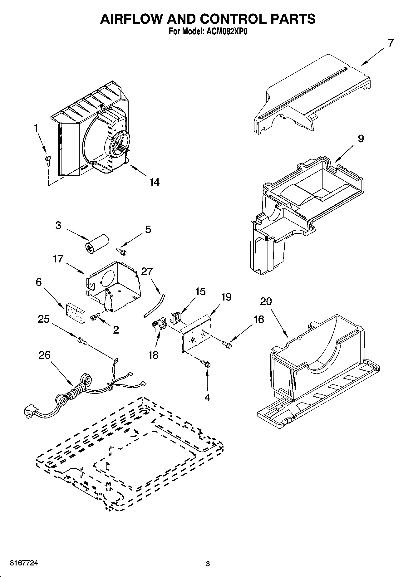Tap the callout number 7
[391, 43]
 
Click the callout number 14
[154, 182]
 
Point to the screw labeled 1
[48, 159]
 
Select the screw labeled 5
[120, 250]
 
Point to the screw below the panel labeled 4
[206, 363]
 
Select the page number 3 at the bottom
[208, 564]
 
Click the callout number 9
[361, 139]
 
